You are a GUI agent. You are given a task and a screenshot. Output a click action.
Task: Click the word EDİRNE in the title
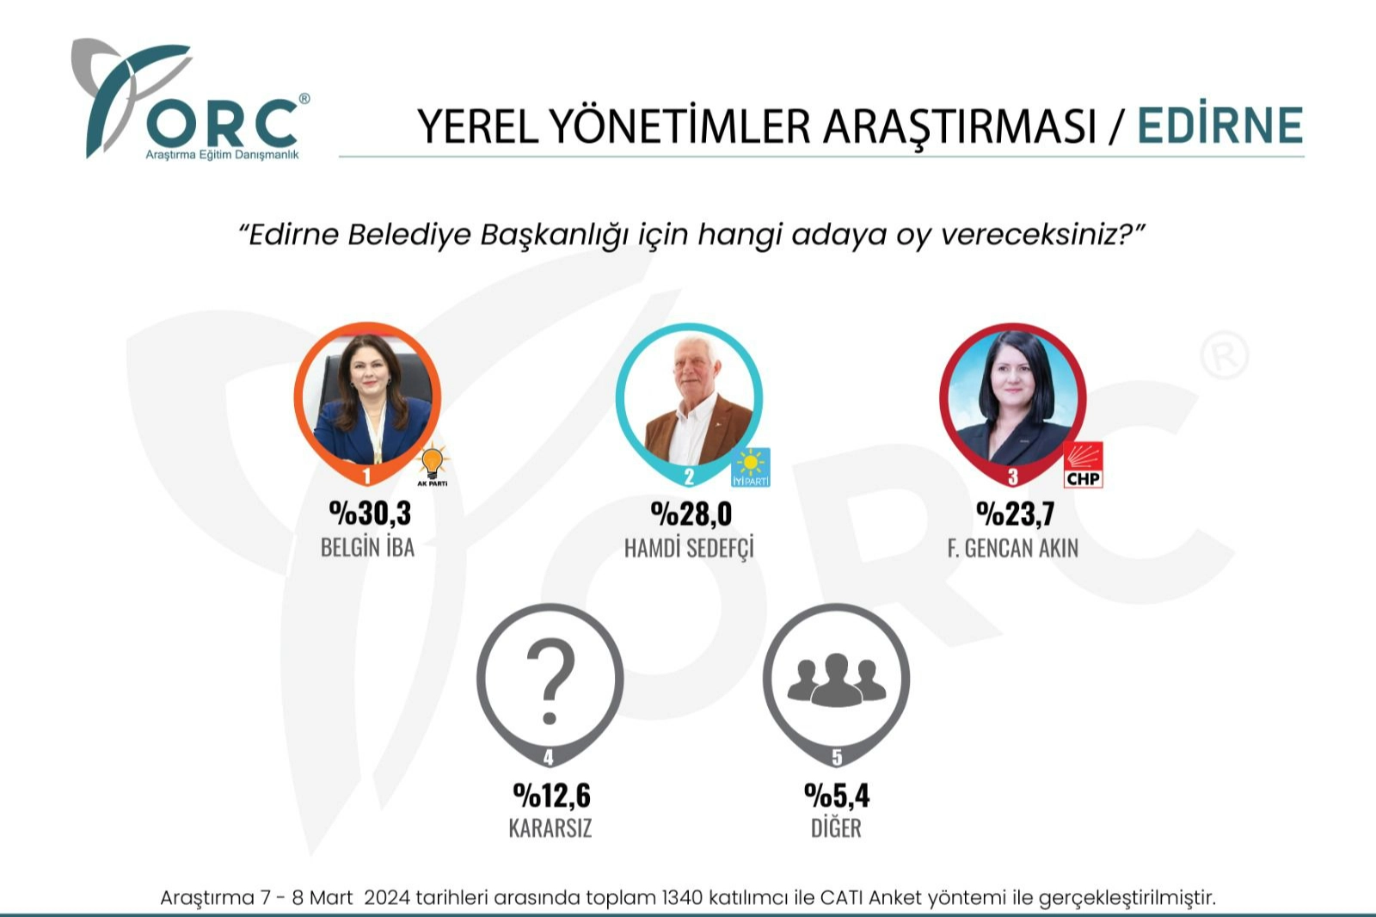1220,125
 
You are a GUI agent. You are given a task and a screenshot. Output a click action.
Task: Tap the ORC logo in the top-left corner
190,100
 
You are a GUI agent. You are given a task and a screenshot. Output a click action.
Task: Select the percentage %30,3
370,514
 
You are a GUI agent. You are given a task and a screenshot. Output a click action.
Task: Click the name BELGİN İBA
367,547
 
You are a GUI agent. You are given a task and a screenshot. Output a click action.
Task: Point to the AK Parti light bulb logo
433,465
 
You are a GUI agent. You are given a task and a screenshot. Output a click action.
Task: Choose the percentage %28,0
691,514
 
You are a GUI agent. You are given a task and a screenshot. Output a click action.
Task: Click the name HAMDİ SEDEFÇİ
689,548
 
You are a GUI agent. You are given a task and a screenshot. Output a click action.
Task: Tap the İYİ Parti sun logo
751,468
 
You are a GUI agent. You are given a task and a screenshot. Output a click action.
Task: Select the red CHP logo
1083,465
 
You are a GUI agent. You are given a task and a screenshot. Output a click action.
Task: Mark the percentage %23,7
1016,514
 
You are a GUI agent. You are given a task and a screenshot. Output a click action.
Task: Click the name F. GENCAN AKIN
1012,548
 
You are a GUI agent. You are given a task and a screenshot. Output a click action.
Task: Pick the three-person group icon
836,679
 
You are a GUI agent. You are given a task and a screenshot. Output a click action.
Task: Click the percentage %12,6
551,796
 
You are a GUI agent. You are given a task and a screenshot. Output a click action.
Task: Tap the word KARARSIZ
550,828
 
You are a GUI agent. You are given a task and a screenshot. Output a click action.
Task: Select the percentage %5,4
837,796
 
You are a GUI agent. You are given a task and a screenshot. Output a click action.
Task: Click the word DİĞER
836,828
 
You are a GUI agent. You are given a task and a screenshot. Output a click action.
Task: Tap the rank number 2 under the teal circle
689,477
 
